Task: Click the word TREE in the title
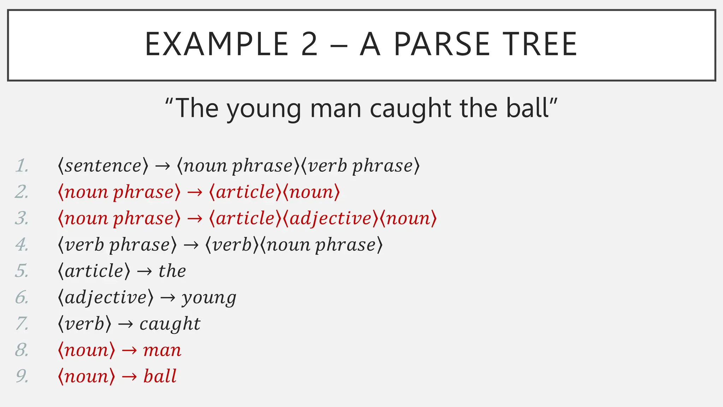[x=540, y=44]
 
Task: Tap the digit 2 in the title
[x=310, y=44]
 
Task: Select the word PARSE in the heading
[x=441, y=44]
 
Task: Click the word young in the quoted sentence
[x=264, y=109]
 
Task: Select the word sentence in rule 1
[x=103, y=166]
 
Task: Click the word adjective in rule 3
[x=331, y=218]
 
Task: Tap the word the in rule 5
[x=172, y=271]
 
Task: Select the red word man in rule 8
[x=162, y=350]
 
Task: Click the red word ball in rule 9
[x=160, y=376]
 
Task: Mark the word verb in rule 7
[x=85, y=324]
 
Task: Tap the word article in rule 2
[x=245, y=192]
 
